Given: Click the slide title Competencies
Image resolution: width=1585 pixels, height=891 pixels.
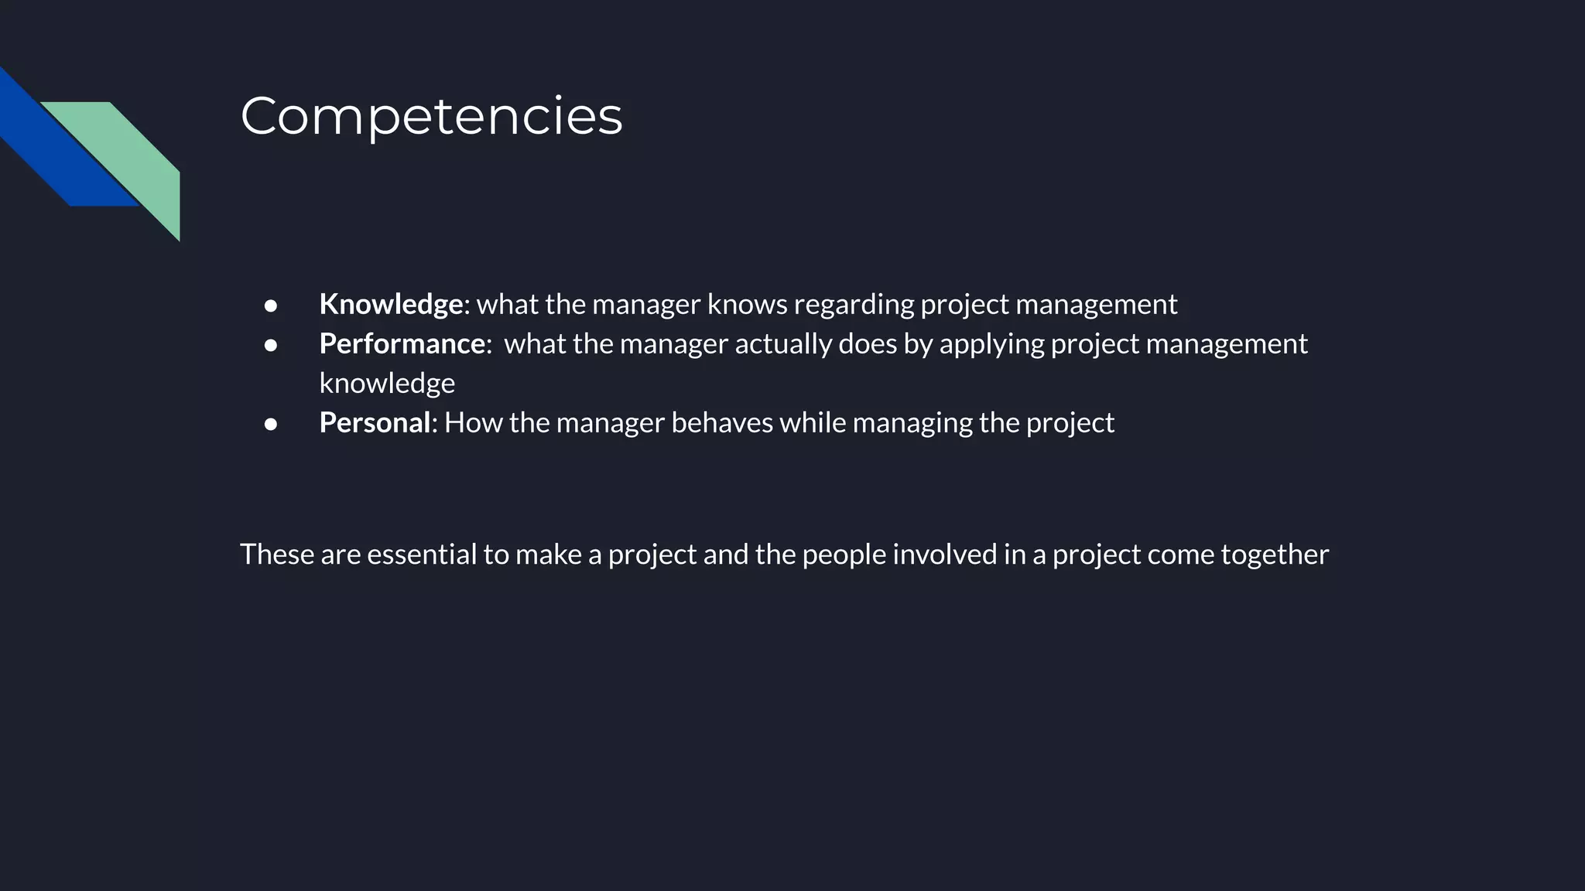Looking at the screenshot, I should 431,116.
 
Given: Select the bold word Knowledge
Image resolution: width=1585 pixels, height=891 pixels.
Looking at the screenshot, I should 391,304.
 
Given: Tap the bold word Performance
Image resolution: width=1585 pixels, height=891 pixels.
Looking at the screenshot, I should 402,343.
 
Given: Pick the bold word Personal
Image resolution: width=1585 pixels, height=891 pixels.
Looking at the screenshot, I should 375,422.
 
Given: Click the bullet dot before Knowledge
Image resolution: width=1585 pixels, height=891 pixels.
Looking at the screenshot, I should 271,306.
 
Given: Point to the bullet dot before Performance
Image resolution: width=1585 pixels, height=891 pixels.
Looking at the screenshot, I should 271,345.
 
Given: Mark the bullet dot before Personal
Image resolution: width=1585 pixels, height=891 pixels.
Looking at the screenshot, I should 271,424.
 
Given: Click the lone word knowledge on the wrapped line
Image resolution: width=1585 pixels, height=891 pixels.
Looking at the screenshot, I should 387,384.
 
